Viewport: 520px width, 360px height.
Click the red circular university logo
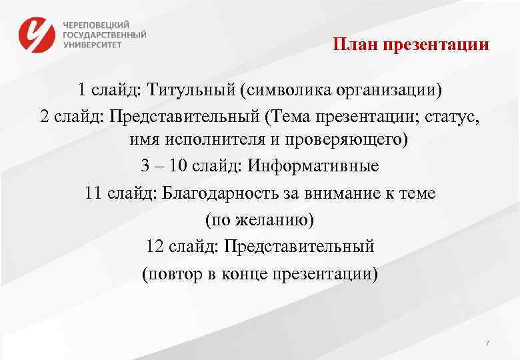36,34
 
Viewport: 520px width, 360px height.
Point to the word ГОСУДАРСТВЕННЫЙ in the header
105,34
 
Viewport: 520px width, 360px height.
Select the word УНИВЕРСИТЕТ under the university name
93,45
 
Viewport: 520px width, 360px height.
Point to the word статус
453,116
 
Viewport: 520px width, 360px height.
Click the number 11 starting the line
95,193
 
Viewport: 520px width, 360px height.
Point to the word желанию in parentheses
261,219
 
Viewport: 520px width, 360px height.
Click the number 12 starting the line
155,246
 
